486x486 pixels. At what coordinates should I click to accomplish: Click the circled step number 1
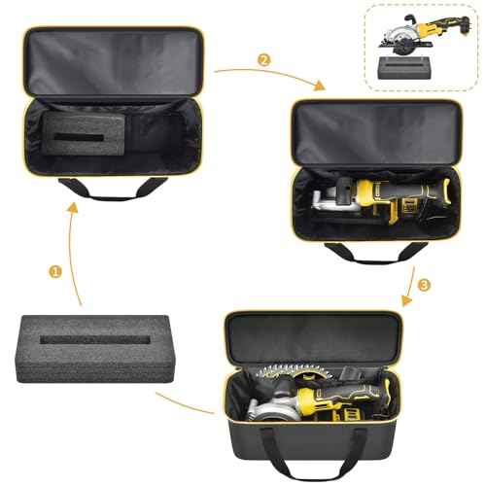(x=55, y=271)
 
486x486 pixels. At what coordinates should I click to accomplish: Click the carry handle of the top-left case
(x=97, y=189)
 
